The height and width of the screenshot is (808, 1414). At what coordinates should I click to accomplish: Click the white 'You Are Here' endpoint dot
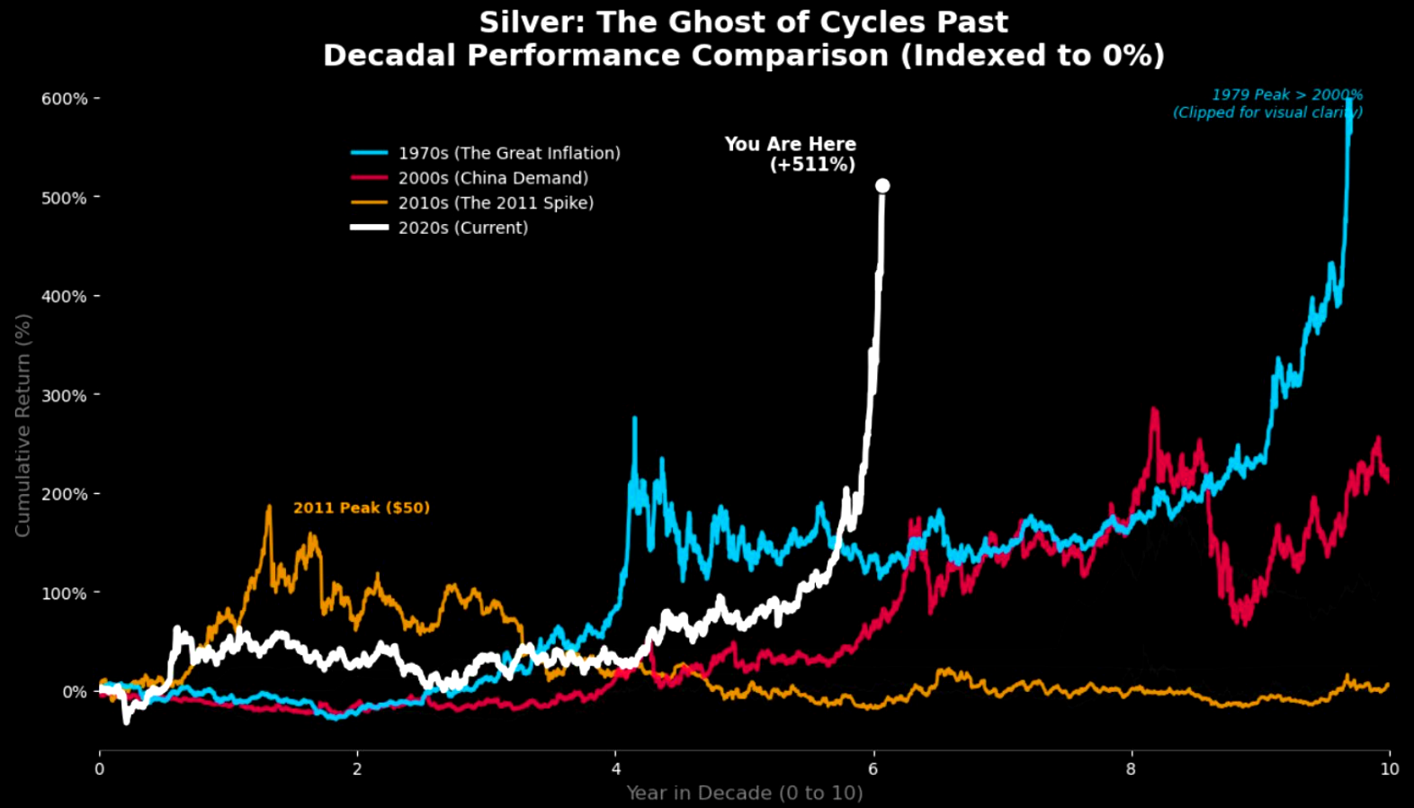click(882, 185)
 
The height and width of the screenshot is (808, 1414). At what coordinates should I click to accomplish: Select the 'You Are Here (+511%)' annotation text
click(791, 154)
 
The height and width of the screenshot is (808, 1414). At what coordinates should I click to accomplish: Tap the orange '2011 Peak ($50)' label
click(362, 507)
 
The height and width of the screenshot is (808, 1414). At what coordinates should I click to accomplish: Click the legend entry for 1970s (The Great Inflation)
click(509, 153)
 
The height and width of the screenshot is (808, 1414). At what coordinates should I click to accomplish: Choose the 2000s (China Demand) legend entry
click(493, 178)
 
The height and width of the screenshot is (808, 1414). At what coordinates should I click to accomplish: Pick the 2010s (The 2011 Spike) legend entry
click(496, 202)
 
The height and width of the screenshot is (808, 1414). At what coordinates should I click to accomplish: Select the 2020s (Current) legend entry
click(463, 228)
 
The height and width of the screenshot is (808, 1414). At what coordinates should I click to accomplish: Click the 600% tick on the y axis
click(64, 98)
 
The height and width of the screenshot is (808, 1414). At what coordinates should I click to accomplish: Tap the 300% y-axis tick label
click(64, 395)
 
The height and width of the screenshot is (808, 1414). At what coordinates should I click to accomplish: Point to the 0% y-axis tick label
click(74, 692)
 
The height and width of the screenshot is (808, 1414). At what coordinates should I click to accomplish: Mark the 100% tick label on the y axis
click(64, 593)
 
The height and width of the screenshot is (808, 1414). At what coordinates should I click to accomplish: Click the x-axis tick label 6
click(873, 769)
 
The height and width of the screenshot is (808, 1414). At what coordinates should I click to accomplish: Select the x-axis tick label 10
click(1390, 769)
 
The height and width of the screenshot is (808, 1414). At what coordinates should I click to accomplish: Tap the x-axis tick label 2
click(357, 769)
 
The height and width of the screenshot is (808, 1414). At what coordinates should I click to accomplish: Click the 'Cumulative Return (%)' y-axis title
click(22, 425)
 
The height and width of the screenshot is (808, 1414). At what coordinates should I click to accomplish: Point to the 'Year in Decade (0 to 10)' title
click(744, 793)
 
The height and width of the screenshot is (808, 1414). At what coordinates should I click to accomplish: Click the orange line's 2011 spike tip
click(269, 507)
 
